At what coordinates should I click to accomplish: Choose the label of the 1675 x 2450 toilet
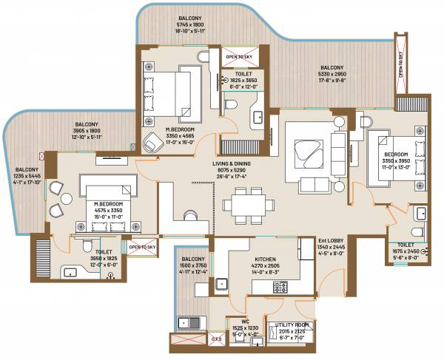pyautogui.click(x=405, y=244)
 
